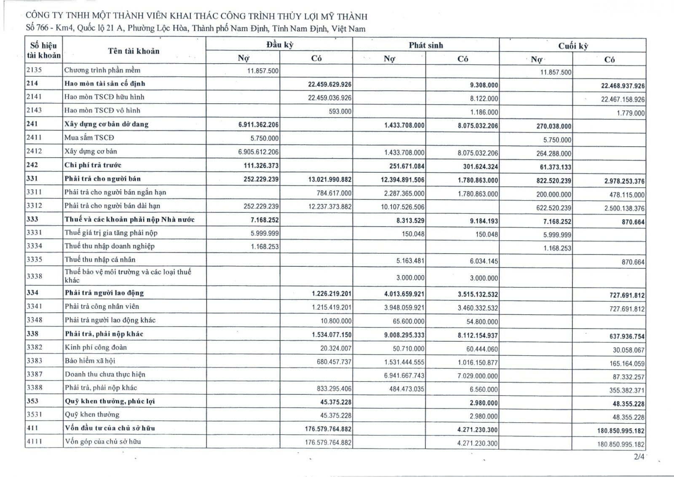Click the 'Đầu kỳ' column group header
tap(279, 45)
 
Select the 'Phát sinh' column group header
tap(425, 45)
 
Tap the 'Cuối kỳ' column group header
tap(572, 46)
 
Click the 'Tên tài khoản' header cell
tap(134, 51)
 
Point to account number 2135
tap(35, 70)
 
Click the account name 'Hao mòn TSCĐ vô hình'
tap(102, 110)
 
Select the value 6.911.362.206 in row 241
tap(258, 125)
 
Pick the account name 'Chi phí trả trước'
tap(93, 165)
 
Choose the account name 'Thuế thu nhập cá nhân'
tap(100, 260)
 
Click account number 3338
tap(35, 276)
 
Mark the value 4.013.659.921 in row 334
tap(404, 294)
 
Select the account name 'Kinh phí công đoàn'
tap(96, 347)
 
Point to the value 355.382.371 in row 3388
tap(627, 390)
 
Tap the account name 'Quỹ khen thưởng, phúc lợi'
tap(110, 401)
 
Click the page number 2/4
tap(639, 457)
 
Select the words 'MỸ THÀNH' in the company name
tap(348, 16)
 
